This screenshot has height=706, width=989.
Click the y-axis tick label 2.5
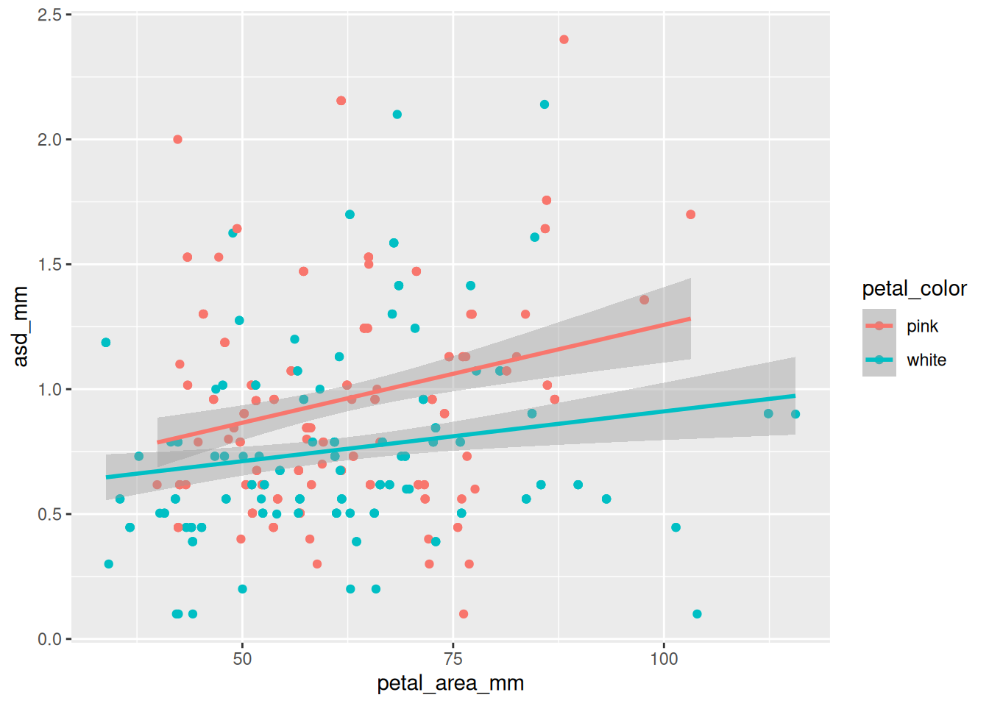coord(49,15)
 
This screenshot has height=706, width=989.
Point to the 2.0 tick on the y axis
coord(49,140)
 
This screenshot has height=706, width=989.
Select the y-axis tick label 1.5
coord(49,265)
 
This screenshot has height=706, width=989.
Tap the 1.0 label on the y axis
coord(49,390)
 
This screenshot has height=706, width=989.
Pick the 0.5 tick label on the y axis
coord(49,514)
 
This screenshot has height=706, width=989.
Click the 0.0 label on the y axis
coord(49,639)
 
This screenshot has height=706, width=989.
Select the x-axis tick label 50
coord(242,659)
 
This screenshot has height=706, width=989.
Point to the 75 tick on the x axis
coord(453,659)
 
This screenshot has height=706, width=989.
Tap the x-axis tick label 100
coord(664,659)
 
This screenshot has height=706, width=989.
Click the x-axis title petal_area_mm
coord(450,684)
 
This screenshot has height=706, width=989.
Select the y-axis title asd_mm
coord(21,327)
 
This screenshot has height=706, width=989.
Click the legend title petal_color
coord(914,289)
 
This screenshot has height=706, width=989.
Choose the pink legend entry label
coord(922,327)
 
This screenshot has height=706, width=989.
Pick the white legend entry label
coord(926,360)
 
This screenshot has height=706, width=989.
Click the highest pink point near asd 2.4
coord(564,40)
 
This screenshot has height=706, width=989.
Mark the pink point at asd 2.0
coord(177,140)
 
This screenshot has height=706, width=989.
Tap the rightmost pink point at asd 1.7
coord(690,215)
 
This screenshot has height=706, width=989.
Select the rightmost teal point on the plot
coord(795,414)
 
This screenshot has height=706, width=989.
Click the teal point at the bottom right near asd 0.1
coord(697,614)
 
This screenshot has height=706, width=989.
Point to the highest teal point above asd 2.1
coord(545,104)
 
